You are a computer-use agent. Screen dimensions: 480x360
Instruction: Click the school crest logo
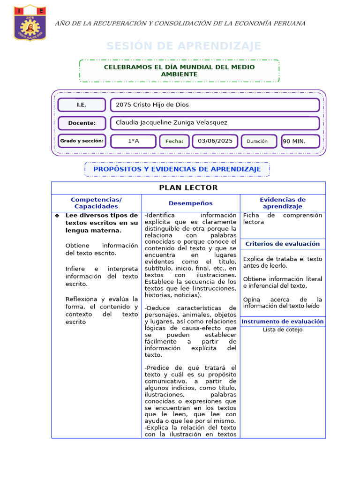click(x=30, y=23)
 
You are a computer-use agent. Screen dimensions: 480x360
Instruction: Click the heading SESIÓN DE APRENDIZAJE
click(x=183, y=46)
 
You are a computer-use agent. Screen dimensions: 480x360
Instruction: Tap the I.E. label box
click(x=82, y=105)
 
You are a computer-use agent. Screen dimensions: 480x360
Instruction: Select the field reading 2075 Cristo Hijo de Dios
click(x=215, y=105)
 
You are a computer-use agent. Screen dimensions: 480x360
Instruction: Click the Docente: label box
click(x=82, y=123)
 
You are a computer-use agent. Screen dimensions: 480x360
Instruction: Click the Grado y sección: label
click(x=82, y=141)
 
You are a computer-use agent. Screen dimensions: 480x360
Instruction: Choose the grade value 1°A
click(x=134, y=141)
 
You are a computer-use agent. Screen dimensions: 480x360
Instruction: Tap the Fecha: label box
click(x=174, y=141)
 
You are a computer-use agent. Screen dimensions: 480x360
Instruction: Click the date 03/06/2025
click(x=215, y=141)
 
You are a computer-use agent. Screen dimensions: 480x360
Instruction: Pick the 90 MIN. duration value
click(x=300, y=141)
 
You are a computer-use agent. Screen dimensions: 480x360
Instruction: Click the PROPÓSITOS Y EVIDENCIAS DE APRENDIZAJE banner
click(x=177, y=169)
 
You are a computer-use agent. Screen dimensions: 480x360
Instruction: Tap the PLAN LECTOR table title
click(x=188, y=188)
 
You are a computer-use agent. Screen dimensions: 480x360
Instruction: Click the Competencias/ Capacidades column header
click(x=96, y=203)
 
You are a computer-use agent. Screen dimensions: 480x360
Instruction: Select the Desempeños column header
click(x=191, y=203)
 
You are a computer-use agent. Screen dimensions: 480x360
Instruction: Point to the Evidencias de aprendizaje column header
click(x=283, y=203)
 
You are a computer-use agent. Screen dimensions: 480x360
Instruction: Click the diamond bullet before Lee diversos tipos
click(x=57, y=216)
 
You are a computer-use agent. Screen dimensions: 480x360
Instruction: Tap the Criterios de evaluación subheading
click(x=283, y=244)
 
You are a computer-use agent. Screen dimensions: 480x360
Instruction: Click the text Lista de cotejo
click(x=283, y=330)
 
